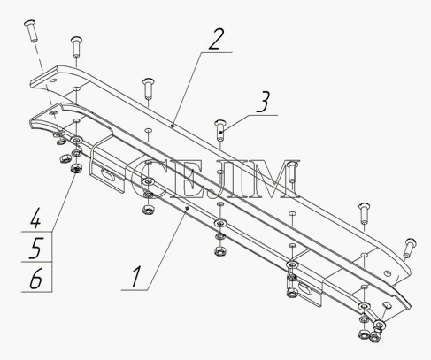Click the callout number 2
point(217,39)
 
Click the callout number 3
point(263,102)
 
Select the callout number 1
point(136,276)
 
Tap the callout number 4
point(35,218)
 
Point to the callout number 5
point(35,248)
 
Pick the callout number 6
point(35,278)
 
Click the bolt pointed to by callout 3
point(220,130)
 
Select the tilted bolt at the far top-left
point(30,31)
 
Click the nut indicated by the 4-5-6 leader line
point(76,169)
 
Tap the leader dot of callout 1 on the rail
point(187,209)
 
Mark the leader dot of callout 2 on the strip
point(173,126)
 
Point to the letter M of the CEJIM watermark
point(276,179)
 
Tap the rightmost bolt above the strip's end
point(409,248)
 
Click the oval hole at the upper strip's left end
point(53,80)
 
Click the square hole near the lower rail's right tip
point(387,304)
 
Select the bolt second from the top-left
point(76,47)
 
